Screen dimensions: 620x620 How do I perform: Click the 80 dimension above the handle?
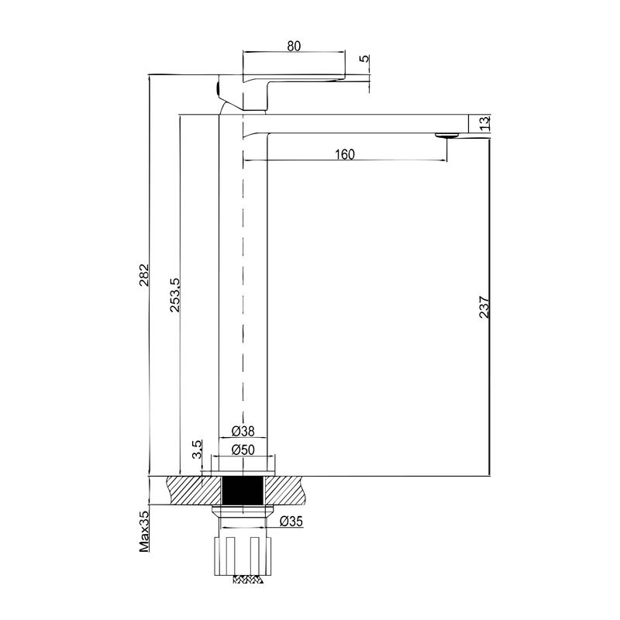pyautogui.click(x=294, y=46)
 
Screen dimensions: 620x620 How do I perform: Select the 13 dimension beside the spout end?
pyautogui.click(x=485, y=123)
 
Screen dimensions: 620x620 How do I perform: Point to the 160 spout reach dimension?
pyautogui.click(x=345, y=154)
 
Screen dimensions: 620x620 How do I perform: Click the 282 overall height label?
pyautogui.click(x=143, y=274)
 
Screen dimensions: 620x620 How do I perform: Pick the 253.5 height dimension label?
pyautogui.click(x=175, y=295)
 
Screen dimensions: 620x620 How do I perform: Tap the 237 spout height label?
pyautogui.click(x=484, y=307)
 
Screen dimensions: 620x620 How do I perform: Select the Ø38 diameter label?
pyautogui.click(x=243, y=431)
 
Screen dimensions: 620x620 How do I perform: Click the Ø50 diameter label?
pyautogui.click(x=243, y=449)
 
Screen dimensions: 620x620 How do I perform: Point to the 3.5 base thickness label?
pyautogui.click(x=197, y=449)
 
